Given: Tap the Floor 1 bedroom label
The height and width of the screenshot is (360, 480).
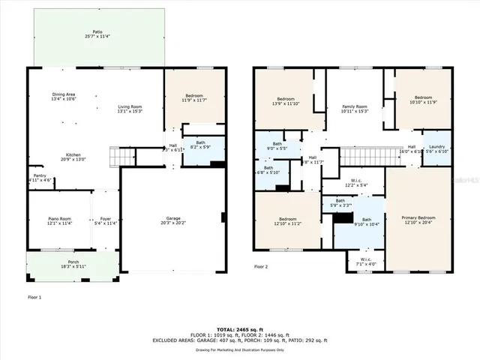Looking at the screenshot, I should pos(193,97).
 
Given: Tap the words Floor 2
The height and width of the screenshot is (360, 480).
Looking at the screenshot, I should pos(260,266).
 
